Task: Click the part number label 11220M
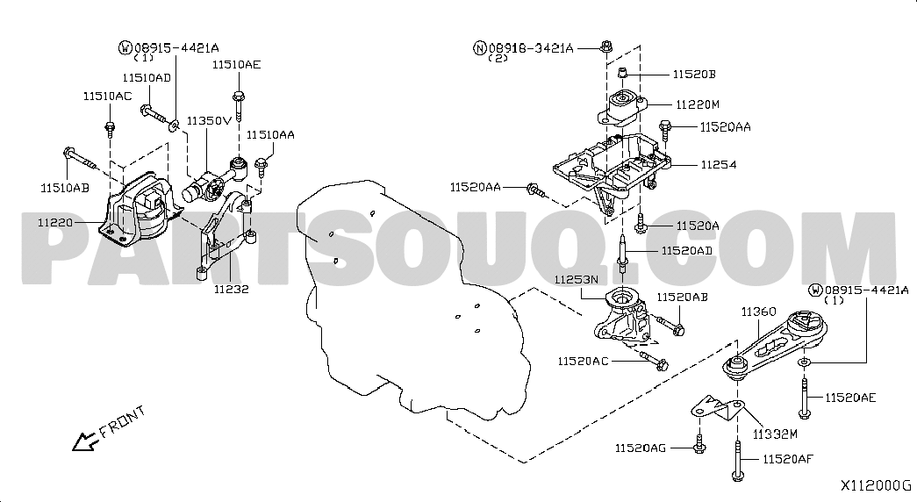coord(698,104)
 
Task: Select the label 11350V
coord(210,121)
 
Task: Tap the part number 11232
coord(231,289)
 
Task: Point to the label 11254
coord(719,165)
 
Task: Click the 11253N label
coord(576,280)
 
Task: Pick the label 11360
coord(758,312)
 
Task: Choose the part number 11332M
coord(775,434)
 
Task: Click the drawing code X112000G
coord(876,485)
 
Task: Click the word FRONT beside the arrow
coord(122,422)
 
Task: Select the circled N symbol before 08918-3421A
coord(479,48)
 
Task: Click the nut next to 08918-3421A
coord(606,46)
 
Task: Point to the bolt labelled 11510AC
coord(110,128)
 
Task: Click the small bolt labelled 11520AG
coord(698,444)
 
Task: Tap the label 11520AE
coord(851,398)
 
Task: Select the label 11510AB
coord(65,189)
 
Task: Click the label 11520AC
coord(583,362)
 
